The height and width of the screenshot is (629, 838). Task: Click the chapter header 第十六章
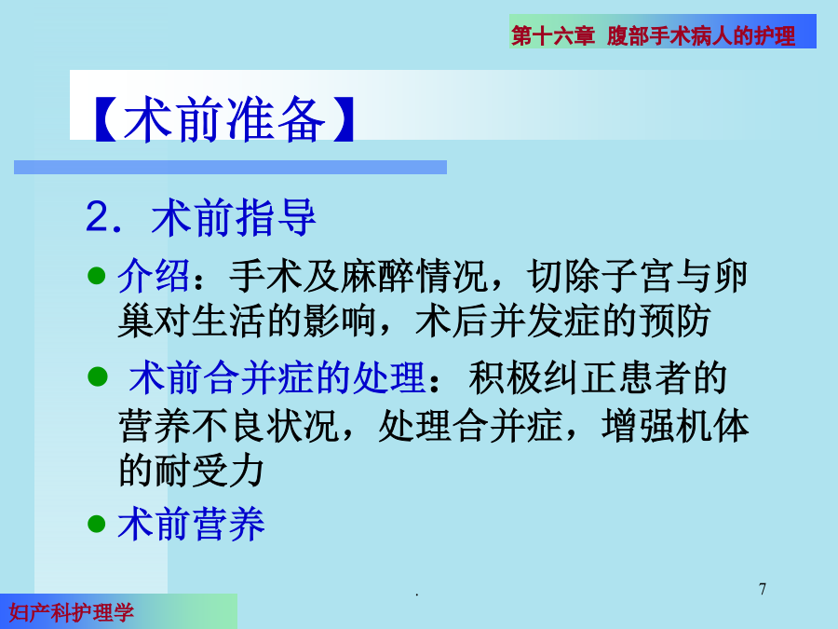552,35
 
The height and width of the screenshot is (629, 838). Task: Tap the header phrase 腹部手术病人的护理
700,35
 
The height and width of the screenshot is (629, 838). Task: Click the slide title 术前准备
223,119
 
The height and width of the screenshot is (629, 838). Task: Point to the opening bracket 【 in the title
105,119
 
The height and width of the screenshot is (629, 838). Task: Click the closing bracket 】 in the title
343,119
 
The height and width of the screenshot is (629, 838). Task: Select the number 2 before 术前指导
97,216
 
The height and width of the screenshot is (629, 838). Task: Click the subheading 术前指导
234,217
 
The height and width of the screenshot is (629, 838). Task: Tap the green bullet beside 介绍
96,276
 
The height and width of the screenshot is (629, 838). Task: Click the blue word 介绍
154,277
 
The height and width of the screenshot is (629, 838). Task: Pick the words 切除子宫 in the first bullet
600,277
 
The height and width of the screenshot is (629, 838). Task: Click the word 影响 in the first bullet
339,321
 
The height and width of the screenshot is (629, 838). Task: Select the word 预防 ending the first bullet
674,321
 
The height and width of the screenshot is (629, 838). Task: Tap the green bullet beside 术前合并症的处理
97,376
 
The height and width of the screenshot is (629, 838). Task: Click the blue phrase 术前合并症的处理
277,378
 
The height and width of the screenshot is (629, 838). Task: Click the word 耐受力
209,471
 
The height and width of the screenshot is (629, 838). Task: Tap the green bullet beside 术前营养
96,523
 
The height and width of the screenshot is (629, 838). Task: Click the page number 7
762,589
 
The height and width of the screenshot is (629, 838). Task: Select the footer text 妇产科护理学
71,612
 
